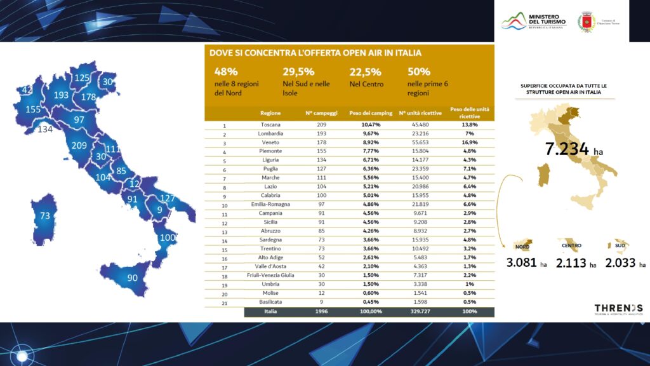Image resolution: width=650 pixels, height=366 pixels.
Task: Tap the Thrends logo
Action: (618, 308)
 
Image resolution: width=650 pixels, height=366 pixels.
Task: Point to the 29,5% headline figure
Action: (298, 72)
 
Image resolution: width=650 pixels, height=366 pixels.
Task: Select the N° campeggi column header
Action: (321, 113)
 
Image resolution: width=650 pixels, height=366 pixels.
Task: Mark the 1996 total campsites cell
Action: (321, 312)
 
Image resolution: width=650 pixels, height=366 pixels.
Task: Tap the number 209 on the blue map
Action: (79, 146)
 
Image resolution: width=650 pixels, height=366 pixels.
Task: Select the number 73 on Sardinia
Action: (44, 216)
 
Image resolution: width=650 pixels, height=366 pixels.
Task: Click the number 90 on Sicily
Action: (133, 278)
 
